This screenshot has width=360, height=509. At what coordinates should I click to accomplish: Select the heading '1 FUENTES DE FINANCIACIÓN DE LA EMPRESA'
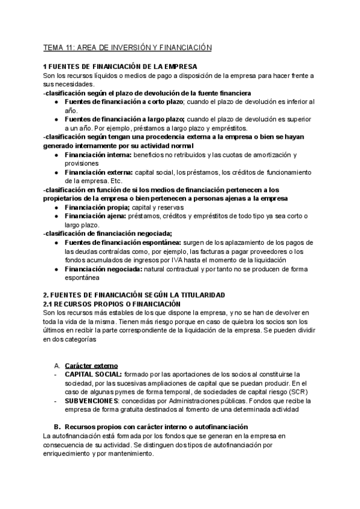[121, 67]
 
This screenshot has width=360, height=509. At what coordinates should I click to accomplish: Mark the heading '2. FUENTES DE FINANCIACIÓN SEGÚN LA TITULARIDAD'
[134, 295]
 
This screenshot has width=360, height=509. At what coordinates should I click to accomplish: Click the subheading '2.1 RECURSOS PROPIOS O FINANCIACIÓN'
[109, 304]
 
